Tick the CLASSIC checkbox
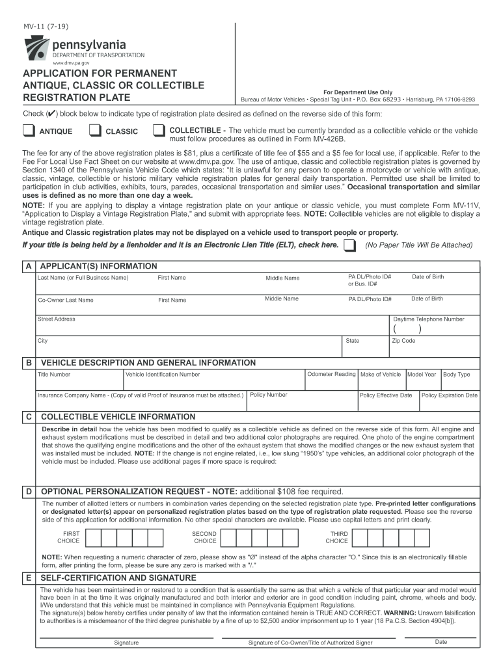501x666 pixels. pyautogui.click(x=94, y=131)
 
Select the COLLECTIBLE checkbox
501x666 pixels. pyautogui.click(x=158, y=131)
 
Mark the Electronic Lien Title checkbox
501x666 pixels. pyautogui.click(x=349, y=245)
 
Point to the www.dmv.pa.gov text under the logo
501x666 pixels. pyautogui.click(x=72, y=63)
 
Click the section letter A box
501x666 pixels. pyautogui.click(x=28, y=267)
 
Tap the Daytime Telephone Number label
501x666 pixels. pyautogui.click(x=429, y=319)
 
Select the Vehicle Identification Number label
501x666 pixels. pyautogui.click(x=163, y=375)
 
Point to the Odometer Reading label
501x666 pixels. pyautogui.click(x=331, y=374)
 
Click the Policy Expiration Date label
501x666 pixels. pyautogui.click(x=449, y=395)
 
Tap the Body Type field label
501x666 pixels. pyautogui.click(x=456, y=375)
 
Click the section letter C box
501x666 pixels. pyautogui.click(x=28, y=416)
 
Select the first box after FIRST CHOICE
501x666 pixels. pyautogui.click(x=93, y=537)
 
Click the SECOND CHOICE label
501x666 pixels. pyautogui.click(x=205, y=537)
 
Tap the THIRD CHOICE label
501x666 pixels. pyautogui.click(x=336, y=537)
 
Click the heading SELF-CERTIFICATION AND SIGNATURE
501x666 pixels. pyautogui.click(x=118, y=578)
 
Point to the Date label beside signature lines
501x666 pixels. pyautogui.click(x=441, y=642)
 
